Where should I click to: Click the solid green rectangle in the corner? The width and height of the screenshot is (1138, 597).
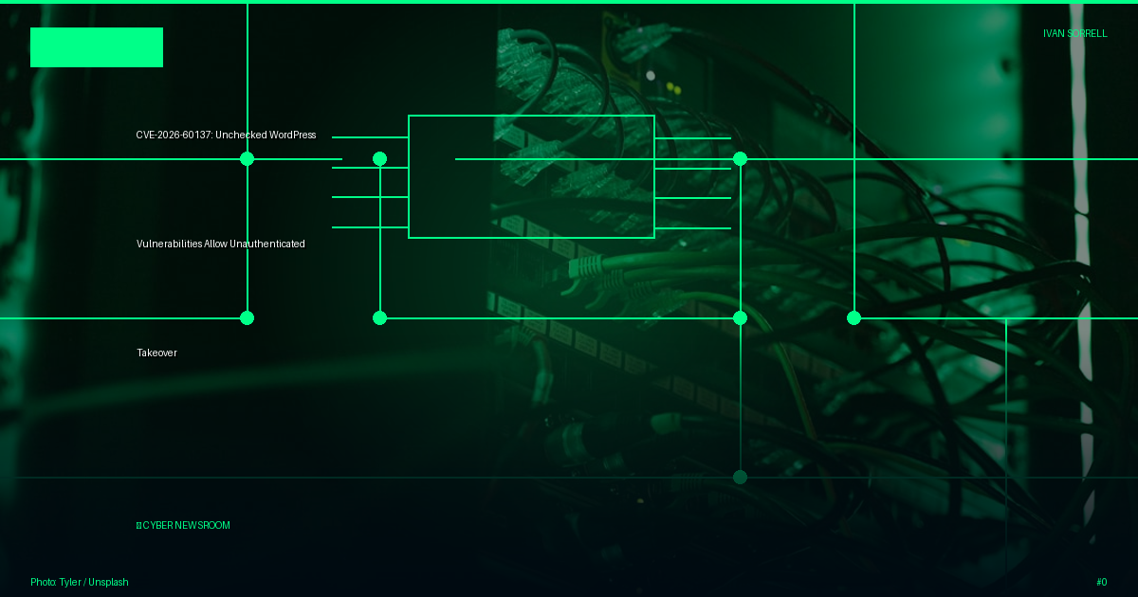[97, 47]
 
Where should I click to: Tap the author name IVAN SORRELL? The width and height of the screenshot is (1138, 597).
[1075, 33]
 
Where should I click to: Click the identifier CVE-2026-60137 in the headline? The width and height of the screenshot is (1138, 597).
[174, 135]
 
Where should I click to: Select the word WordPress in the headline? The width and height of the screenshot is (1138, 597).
[293, 135]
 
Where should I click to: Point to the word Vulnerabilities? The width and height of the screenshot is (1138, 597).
[169, 244]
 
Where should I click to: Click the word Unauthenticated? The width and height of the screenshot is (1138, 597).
[267, 244]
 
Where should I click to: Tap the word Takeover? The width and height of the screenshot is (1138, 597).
[156, 353]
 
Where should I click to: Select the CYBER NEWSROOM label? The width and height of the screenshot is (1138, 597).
[183, 525]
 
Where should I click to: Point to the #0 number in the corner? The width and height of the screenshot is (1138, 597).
[1101, 582]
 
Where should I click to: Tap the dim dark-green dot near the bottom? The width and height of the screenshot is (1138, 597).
[741, 478]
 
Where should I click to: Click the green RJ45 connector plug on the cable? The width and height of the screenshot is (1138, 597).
[585, 266]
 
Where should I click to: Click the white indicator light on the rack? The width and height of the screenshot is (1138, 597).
[651, 76]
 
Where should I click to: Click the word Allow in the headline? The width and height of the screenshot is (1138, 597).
[215, 244]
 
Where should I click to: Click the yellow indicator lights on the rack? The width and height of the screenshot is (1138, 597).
[673, 88]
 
